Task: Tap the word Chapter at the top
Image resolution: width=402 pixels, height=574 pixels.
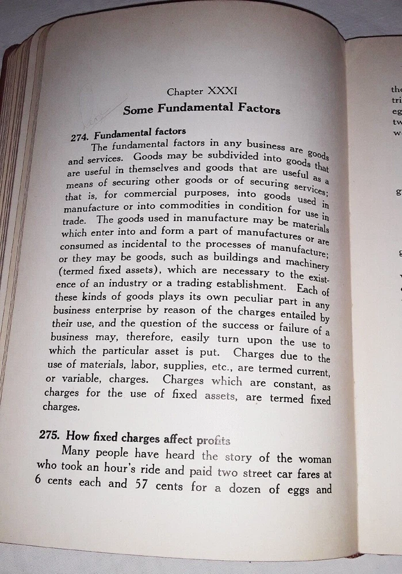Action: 185,91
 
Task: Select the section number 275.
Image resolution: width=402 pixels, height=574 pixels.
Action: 52,435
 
